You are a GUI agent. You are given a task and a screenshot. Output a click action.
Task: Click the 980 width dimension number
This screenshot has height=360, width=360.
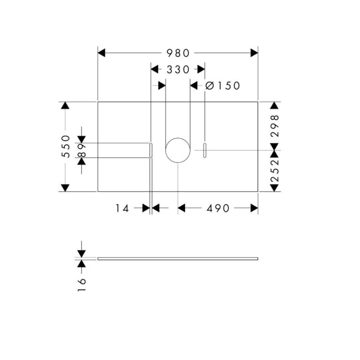pos(178,53)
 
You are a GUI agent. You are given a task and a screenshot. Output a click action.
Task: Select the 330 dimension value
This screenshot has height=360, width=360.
pos(178,69)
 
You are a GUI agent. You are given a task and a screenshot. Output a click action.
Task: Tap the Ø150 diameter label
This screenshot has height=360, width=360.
pos(222,86)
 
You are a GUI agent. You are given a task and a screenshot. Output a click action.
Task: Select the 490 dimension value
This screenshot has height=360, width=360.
pos(218,208)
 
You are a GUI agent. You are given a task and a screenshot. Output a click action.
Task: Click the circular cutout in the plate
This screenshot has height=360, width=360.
pos(177,150)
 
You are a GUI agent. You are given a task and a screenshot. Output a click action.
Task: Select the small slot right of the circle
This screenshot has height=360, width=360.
pos(205,150)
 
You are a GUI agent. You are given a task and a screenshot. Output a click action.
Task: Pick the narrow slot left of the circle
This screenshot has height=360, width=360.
pos(151,150)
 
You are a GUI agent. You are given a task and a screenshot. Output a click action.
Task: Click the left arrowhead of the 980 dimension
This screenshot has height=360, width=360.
pos(101,53)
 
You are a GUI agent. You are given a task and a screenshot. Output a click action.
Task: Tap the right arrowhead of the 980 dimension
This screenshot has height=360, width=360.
pos(254,53)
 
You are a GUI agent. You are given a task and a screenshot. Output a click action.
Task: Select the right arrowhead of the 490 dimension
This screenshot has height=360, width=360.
pos(254,208)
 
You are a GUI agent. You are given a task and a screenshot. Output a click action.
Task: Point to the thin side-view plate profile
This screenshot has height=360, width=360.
pos(177,258)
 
